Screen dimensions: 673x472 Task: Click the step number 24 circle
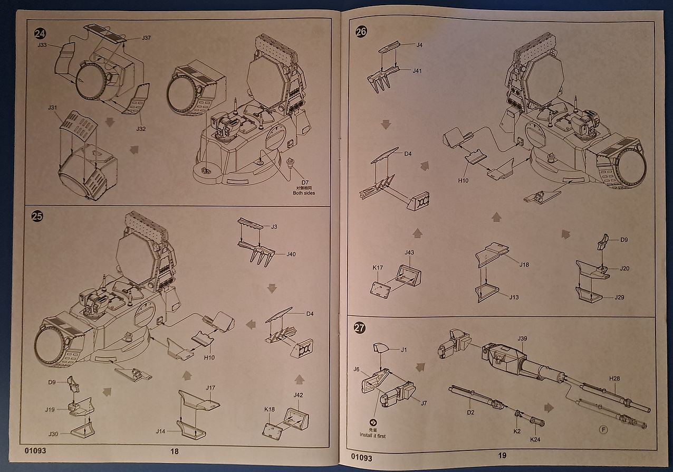tap(40, 34)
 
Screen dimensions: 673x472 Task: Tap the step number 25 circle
tap(37, 216)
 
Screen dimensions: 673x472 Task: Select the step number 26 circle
tap(361, 32)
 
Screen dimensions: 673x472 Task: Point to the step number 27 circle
tap(359, 328)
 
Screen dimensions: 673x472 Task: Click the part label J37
tap(147, 38)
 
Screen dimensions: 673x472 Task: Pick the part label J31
tap(52, 108)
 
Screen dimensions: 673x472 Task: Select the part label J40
tap(291, 254)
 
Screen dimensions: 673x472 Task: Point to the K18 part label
tap(269, 409)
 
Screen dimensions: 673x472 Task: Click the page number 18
tap(175, 451)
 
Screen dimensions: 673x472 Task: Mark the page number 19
tap(502, 456)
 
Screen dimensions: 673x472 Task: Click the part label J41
tap(417, 70)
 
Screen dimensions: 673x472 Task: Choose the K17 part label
tap(378, 268)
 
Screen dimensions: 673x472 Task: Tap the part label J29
tap(619, 297)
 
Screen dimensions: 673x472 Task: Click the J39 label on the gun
tap(523, 338)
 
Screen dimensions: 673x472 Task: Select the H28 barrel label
tap(614, 379)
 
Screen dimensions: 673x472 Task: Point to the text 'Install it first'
tap(373, 436)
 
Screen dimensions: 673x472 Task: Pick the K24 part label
tap(535, 439)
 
